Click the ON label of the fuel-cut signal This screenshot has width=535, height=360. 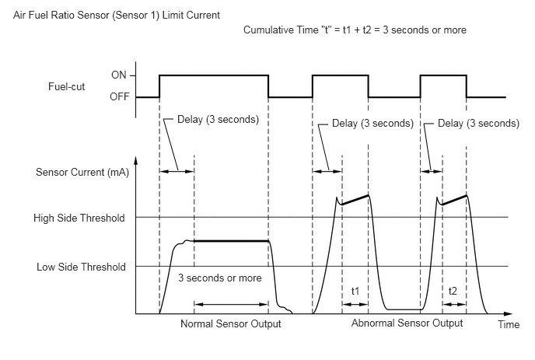[119, 75]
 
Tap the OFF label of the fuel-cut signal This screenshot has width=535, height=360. [120, 97]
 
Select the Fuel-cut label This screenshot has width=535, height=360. [67, 86]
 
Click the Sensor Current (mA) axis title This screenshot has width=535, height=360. [82, 172]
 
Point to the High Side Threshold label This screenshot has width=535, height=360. [79, 218]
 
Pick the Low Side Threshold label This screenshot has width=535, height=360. [81, 267]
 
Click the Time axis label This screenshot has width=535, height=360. [509, 324]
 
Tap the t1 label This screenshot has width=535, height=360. [355, 291]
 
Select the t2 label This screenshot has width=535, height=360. [453, 291]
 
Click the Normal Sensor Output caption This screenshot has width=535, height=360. [231, 323]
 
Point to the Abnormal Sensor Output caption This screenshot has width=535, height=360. [407, 323]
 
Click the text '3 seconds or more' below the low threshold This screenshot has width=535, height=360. [220, 278]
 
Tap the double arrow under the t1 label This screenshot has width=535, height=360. [355, 304]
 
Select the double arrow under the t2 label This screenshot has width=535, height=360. [454, 304]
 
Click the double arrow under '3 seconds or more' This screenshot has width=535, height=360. [231, 304]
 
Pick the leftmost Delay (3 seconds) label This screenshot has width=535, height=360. [218, 120]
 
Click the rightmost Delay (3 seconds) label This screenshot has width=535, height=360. [478, 123]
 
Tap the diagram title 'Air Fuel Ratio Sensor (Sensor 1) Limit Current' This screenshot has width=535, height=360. [117, 16]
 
